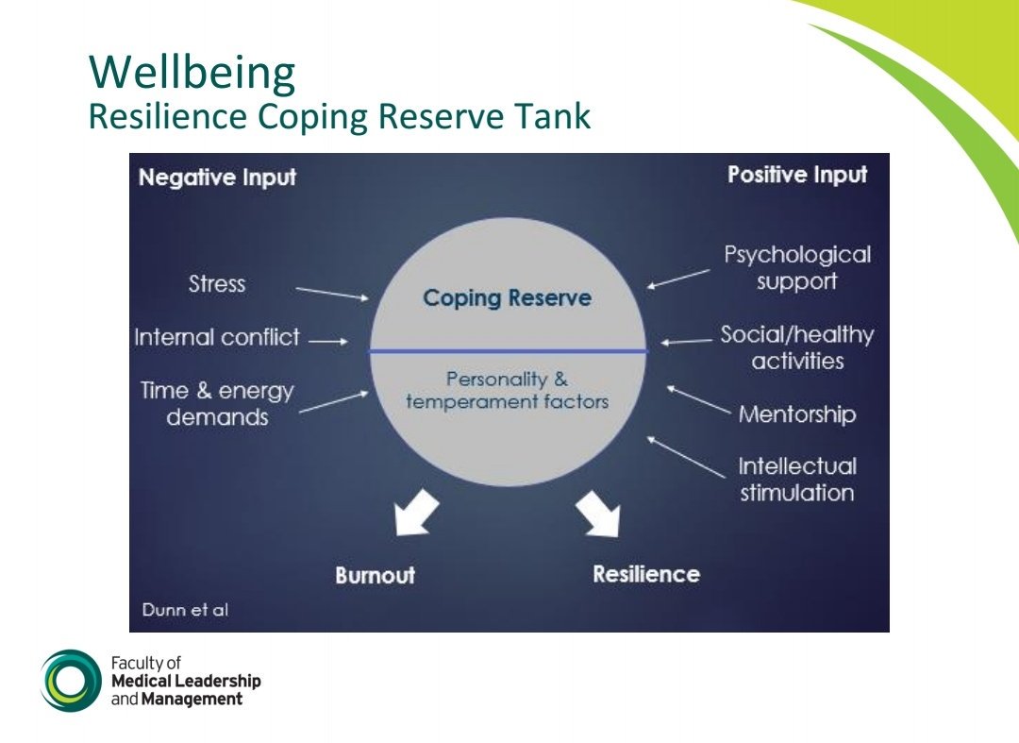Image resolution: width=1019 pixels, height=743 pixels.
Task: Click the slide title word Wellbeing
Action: pyautogui.click(x=192, y=73)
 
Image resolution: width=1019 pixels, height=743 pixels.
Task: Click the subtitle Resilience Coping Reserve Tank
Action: pyautogui.click(x=339, y=117)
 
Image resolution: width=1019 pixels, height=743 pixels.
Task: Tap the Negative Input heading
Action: pyautogui.click(x=217, y=177)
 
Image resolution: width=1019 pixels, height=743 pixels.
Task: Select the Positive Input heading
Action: pyautogui.click(x=797, y=175)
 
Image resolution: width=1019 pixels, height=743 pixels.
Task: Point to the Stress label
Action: pyautogui.click(x=217, y=284)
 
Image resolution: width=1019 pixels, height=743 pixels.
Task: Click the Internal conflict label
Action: pyautogui.click(x=217, y=338)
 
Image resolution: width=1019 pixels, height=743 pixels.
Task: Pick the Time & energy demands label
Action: pyautogui.click(x=217, y=404)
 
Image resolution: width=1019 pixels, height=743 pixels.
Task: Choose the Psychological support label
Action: pyautogui.click(x=797, y=268)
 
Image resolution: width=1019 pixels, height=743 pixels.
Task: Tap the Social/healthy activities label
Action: pyautogui.click(x=797, y=347)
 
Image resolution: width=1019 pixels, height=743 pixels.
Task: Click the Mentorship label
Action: pyautogui.click(x=797, y=414)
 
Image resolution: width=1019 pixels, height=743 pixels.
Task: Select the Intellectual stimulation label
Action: pyautogui.click(x=797, y=480)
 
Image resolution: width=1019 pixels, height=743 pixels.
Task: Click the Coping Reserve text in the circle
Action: pyautogui.click(x=507, y=299)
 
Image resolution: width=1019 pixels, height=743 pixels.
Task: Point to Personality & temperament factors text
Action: pyautogui.click(x=507, y=391)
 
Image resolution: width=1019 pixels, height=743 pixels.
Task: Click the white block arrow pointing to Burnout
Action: pyautogui.click(x=416, y=513)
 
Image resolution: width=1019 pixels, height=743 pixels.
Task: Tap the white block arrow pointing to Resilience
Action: pyautogui.click(x=599, y=513)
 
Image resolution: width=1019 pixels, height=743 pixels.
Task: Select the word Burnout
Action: pyautogui.click(x=375, y=575)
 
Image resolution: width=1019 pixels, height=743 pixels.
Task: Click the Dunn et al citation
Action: pyautogui.click(x=185, y=610)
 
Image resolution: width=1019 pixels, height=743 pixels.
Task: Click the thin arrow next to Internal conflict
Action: pyautogui.click(x=328, y=342)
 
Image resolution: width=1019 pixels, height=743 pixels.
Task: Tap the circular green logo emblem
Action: pyautogui.click(x=69, y=681)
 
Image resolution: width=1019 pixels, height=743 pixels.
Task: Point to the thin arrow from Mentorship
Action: pyautogui.click(x=699, y=399)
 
